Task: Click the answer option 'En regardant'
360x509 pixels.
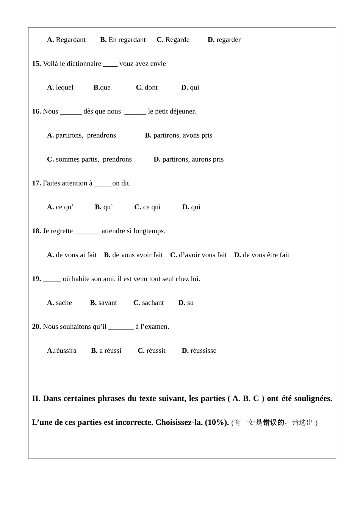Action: click(127, 40)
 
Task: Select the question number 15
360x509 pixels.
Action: click(36, 64)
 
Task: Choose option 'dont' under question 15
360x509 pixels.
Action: click(151, 88)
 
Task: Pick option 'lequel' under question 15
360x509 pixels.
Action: click(64, 88)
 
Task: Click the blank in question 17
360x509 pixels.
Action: click(103, 184)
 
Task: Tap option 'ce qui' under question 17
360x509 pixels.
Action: click(152, 207)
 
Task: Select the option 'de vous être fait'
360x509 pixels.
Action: click(266, 255)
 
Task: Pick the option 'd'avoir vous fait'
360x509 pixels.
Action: click(202, 255)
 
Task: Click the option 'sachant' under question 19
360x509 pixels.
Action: click(153, 303)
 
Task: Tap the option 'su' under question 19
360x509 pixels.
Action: click(190, 303)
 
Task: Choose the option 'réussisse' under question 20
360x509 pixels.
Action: click(203, 350)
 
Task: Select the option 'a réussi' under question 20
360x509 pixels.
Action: click(110, 350)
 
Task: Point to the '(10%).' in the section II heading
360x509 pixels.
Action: click(217, 422)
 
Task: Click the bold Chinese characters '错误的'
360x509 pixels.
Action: click(273, 423)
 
